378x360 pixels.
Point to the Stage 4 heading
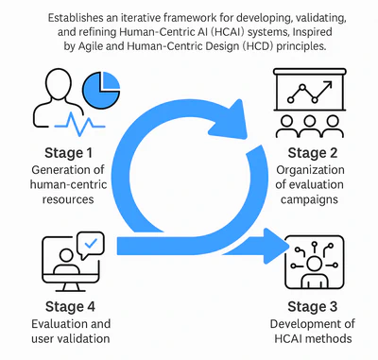[74, 306]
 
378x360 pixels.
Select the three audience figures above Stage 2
[317, 126]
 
